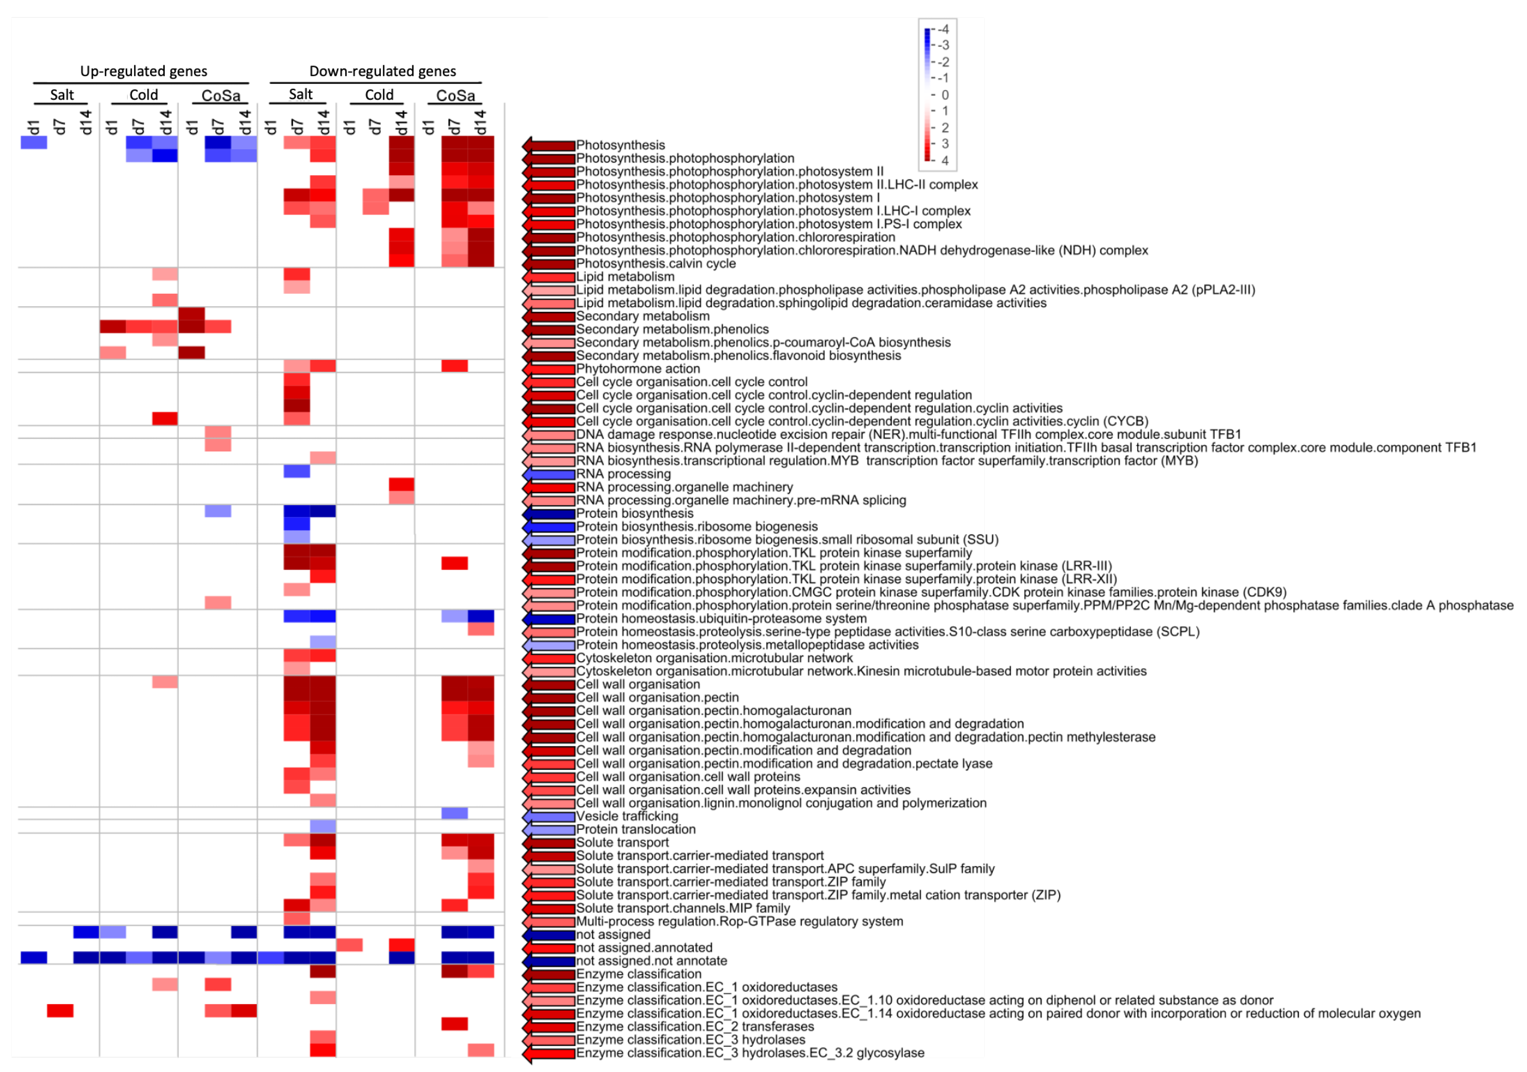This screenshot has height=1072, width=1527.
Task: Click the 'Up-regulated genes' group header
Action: (144, 71)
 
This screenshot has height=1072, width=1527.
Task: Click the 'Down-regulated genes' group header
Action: (383, 71)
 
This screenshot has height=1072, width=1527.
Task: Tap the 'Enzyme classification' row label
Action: (638, 974)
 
